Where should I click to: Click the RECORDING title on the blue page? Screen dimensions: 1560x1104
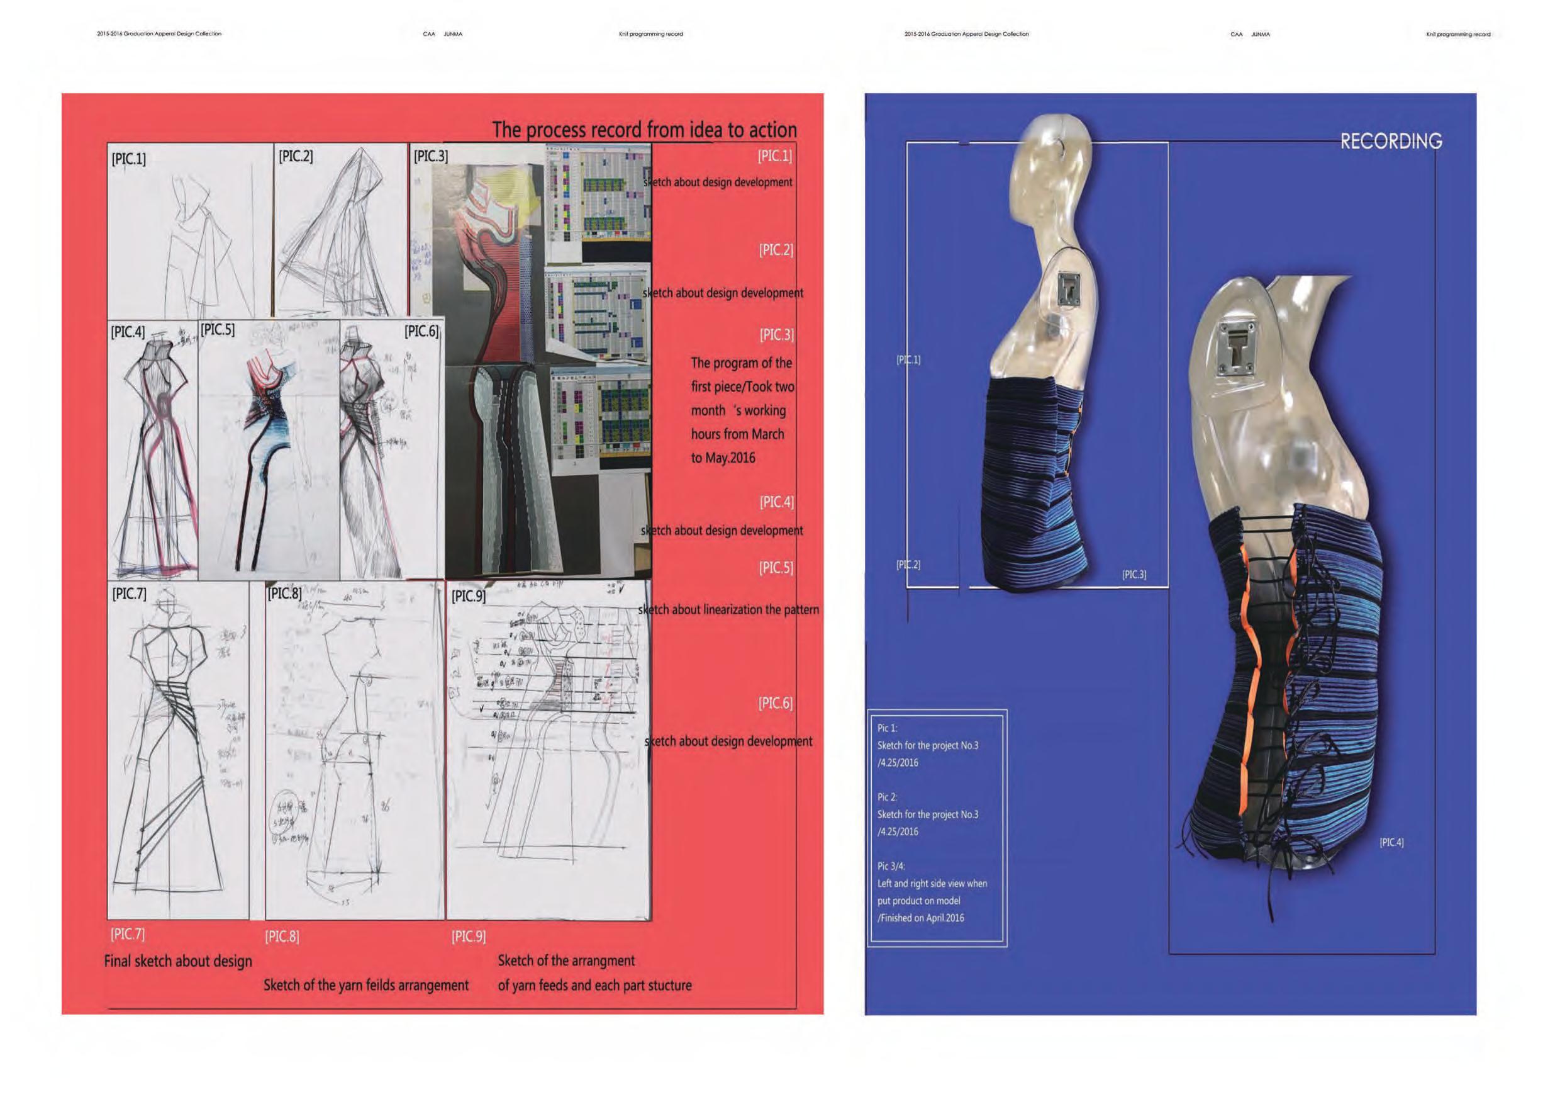pyautogui.click(x=1390, y=142)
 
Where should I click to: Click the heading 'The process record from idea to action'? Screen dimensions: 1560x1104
pyautogui.click(x=644, y=130)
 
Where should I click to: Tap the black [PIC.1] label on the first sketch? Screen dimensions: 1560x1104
pyautogui.click(x=128, y=159)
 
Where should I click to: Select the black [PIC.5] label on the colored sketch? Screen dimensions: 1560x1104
pyautogui.click(x=218, y=330)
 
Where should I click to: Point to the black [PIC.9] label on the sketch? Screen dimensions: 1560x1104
pyautogui.click(x=469, y=596)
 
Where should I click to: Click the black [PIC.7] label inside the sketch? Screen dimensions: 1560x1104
pyautogui.click(x=129, y=594)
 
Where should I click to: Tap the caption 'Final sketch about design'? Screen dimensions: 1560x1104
pyautogui.click(x=178, y=961)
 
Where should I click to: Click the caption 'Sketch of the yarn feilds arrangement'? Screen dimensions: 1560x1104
pyautogui.click(x=365, y=985)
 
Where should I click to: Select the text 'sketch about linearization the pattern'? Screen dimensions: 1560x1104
pyautogui.click(x=728, y=610)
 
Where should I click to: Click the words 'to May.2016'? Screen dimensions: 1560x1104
pyautogui.click(x=723, y=458)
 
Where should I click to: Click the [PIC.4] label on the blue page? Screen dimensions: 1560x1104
pyautogui.click(x=1391, y=842)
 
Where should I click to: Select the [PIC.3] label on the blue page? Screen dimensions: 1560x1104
pyautogui.click(x=1134, y=575)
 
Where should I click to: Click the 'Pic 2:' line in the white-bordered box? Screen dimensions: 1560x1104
pyautogui.click(x=888, y=797)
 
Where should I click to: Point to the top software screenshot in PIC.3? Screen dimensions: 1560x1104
pyautogui.click(x=598, y=197)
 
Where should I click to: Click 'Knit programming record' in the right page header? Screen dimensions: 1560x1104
pyautogui.click(x=1458, y=34)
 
